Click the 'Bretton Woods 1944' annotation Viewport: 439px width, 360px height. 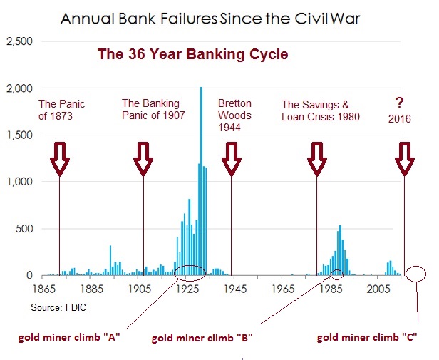[235, 115]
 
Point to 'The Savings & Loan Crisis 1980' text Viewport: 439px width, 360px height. [321, 110]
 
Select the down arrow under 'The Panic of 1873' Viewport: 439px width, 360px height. [60, 158]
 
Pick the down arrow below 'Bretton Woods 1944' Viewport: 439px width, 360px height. [232, 158]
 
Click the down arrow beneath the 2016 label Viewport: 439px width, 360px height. [405, 158]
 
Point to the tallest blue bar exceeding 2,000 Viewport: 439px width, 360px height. [201, 178]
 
